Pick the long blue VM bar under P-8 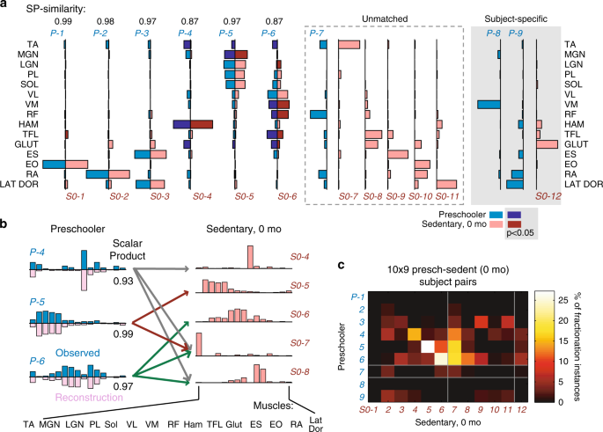pos(489,105)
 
